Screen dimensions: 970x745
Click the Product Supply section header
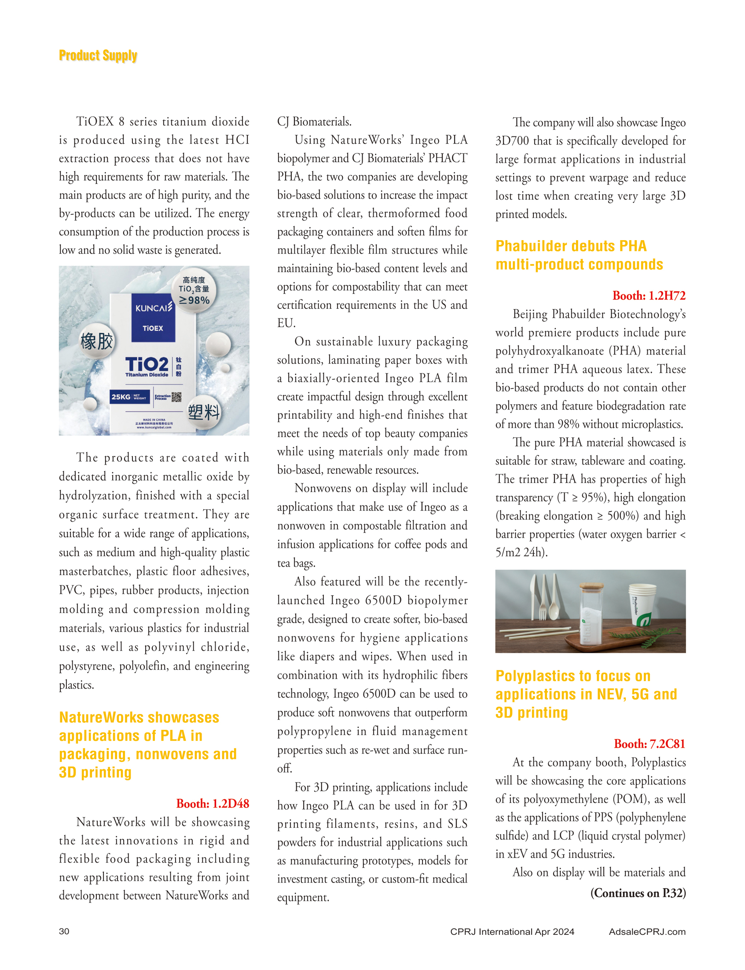[98, 56]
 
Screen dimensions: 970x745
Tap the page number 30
[64, 931]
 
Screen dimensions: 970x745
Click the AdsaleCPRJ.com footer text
[647, 931]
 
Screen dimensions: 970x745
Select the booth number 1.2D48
[213, 803]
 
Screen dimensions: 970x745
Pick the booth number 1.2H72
[649, 296]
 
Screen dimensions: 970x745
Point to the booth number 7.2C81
[649, 743]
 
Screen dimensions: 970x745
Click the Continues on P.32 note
[638, 893]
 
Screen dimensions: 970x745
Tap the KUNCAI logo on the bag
[154, 307]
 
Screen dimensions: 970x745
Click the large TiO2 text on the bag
[147, 364]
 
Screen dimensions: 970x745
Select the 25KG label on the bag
[121, 397]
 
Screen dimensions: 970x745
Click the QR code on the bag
[176, 397]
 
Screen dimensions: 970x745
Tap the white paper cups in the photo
[642, 605]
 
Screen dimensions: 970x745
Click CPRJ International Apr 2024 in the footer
[512, 931]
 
